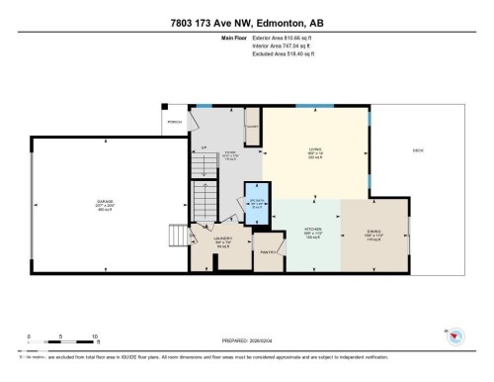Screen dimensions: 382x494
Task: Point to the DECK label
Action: (418, 150)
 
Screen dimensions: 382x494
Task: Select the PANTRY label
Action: (266, 252)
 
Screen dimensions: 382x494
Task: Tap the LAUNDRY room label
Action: (222, 239)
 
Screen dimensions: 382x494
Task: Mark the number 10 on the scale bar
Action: (94, 337)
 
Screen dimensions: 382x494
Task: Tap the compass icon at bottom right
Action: (456, 338)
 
